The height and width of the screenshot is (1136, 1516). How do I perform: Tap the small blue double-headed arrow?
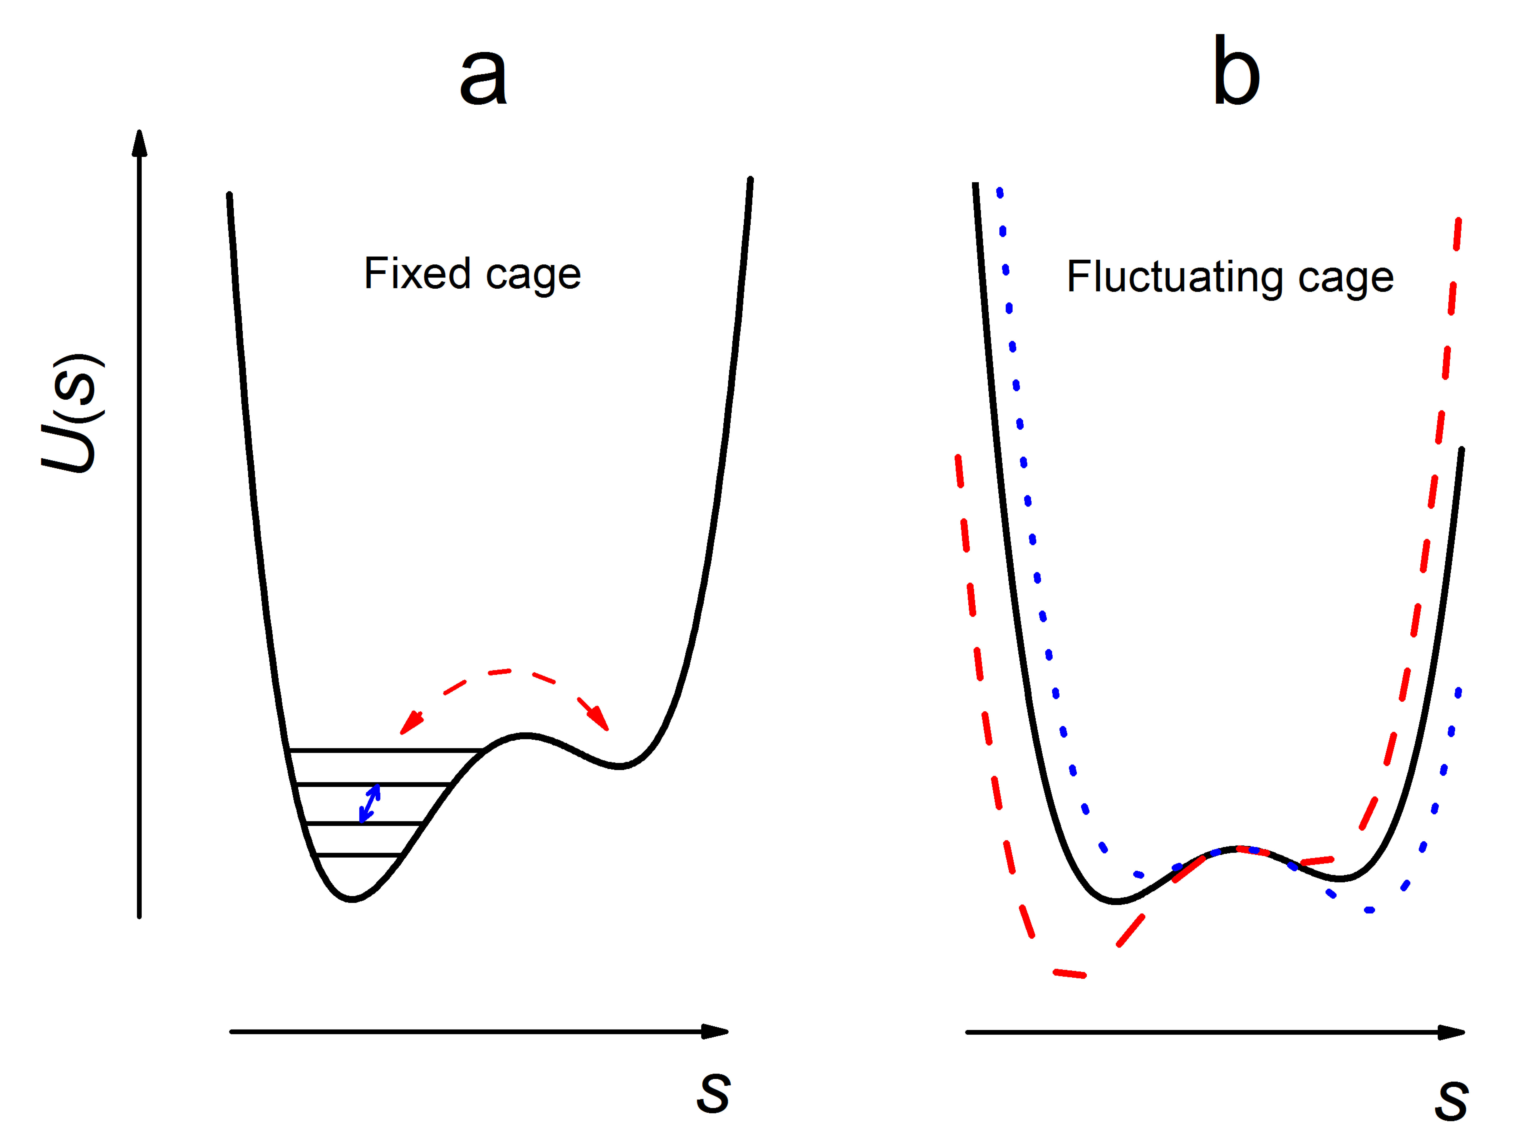[x=369, y=803]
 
